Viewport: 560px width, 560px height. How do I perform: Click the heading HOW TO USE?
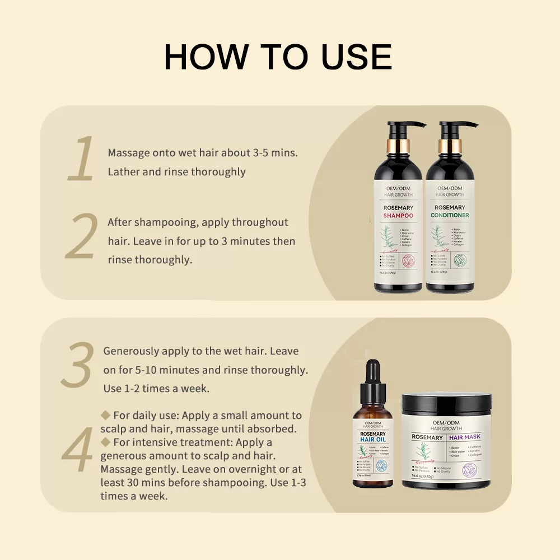(278, 56)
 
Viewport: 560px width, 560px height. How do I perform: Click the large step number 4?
(77, 449)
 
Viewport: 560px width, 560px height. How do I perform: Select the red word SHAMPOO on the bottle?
(398, 216)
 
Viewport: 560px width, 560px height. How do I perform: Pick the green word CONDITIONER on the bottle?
(450, 216)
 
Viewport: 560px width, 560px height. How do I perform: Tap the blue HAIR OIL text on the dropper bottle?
(372, 440)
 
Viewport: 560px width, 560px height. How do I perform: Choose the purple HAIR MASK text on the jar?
(465, 437)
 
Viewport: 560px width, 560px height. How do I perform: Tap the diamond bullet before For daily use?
(105, 415)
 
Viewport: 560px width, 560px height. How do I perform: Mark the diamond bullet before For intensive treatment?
(105, 442)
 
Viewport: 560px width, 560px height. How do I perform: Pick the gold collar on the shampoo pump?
(399, 146)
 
